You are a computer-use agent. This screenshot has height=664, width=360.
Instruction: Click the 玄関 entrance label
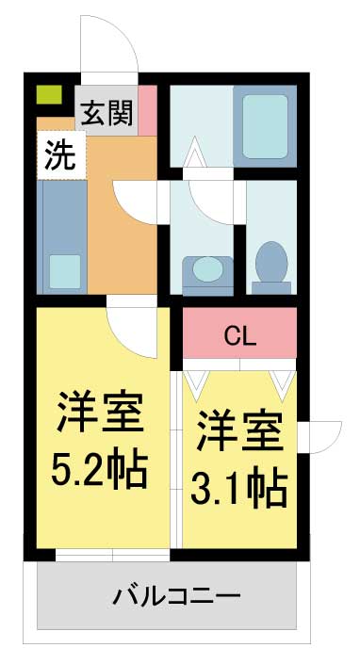tap(107, 113)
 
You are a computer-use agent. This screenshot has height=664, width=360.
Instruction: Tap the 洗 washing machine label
tap(60, 154)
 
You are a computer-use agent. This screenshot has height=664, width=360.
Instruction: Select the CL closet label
tap(240, 337)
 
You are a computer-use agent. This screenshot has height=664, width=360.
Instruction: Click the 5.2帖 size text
tap(100, 470)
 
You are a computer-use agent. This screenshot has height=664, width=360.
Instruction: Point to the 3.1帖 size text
tap(239, 489)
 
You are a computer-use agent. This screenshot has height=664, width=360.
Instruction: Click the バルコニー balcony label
tap(176, 596)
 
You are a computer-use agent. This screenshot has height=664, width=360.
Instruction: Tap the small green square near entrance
tap(49, 94)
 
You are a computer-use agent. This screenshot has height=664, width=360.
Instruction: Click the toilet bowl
tap(271, 264)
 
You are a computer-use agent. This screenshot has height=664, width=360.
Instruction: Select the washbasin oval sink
tap(207, 269)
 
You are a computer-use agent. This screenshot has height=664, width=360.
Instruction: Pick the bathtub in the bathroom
tap(265, 126)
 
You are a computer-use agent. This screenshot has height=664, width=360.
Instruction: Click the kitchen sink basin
tap(64, 271)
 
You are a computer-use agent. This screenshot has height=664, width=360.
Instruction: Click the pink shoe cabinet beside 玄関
tap(148, 110)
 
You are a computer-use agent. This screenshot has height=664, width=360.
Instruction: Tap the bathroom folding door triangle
tap(195, 152)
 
